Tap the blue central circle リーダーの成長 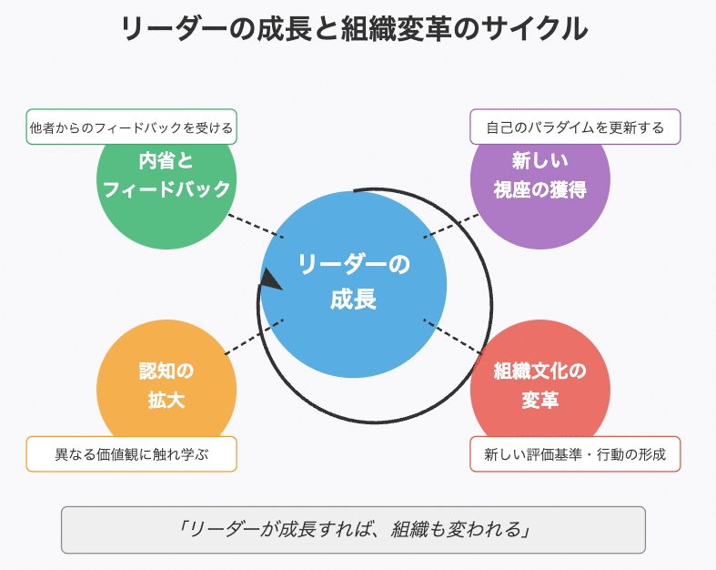pyautogui.click(x=354, y=284)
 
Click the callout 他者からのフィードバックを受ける pyautogui.click(x=131, y=128)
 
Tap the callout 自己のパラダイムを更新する pyautogui.click(x=575, y=127)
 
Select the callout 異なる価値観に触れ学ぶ pyautogui.click(x=131, y=454)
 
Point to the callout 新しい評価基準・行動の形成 pyautogui.click(x=575, y=454)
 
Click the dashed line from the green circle pyautogui.click(x=256, y=227)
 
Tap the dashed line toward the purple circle pyautogui.click(x=451, y=226)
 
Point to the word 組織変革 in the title pyautogui.click(x=394, y=30)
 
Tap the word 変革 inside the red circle pyautogui.click(x=540, y=401)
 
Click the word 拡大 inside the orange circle pyautogui.click(x=166, y=401)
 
